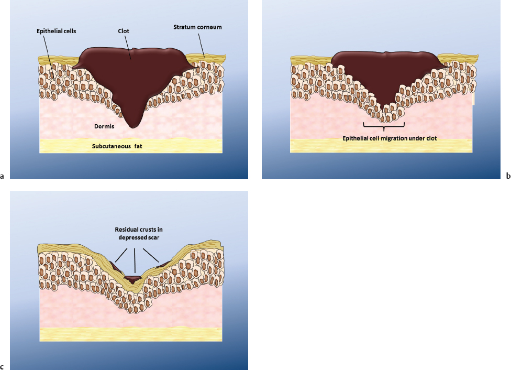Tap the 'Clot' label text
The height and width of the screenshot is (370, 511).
coord(124,31)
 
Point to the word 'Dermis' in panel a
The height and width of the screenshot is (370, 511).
coord(112,126)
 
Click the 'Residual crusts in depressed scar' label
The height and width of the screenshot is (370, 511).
coord(135,234)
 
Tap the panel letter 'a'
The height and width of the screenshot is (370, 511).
coord(3,177)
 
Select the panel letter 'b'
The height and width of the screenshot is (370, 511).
coord(508,177)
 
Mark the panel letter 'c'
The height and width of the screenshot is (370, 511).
coord(3,367)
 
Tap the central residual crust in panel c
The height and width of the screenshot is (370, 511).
coord(135,277)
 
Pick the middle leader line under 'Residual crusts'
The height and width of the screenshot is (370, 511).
coord(135,260)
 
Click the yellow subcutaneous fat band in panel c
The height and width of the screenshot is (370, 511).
coord(131,334)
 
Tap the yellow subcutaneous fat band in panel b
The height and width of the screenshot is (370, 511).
coord(382,146)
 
